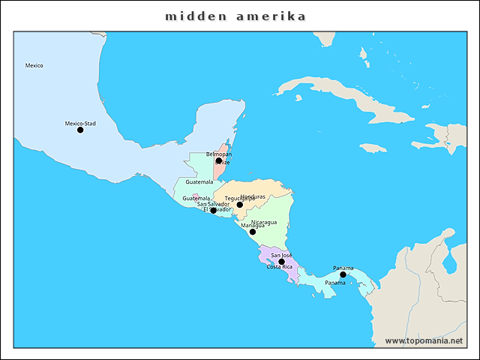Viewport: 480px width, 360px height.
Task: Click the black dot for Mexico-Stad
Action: click(x=80, y=130)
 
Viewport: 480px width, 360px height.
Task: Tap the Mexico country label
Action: click(x=34, y=65)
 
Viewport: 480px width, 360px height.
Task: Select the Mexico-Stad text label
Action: click(x=80, y=123)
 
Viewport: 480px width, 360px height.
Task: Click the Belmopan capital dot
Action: click(x=219, y=160)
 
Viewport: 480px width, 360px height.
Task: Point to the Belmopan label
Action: click(x=219, y=154)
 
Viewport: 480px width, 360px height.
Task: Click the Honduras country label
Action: click(x=253, y=196)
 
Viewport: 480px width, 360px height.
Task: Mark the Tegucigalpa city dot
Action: click(x=240, y=205)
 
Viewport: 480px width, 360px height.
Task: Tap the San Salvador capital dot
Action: click(x=214, y=211)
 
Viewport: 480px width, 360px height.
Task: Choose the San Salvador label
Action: click(x=213, y=204)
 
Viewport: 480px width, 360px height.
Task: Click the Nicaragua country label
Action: click(x=264, y=222)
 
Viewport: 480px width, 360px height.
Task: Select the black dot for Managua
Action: click(x=253, y=232)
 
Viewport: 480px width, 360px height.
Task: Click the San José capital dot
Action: click(x=282, y=262)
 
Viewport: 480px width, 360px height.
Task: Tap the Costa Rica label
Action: click(x=279, y=267)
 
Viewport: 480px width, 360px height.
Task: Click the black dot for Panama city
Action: click(x=343, y=274)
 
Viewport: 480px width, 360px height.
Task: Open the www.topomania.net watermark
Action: click(x=424, y=340)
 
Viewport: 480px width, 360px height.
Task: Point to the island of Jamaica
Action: click(x=371, y=148)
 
